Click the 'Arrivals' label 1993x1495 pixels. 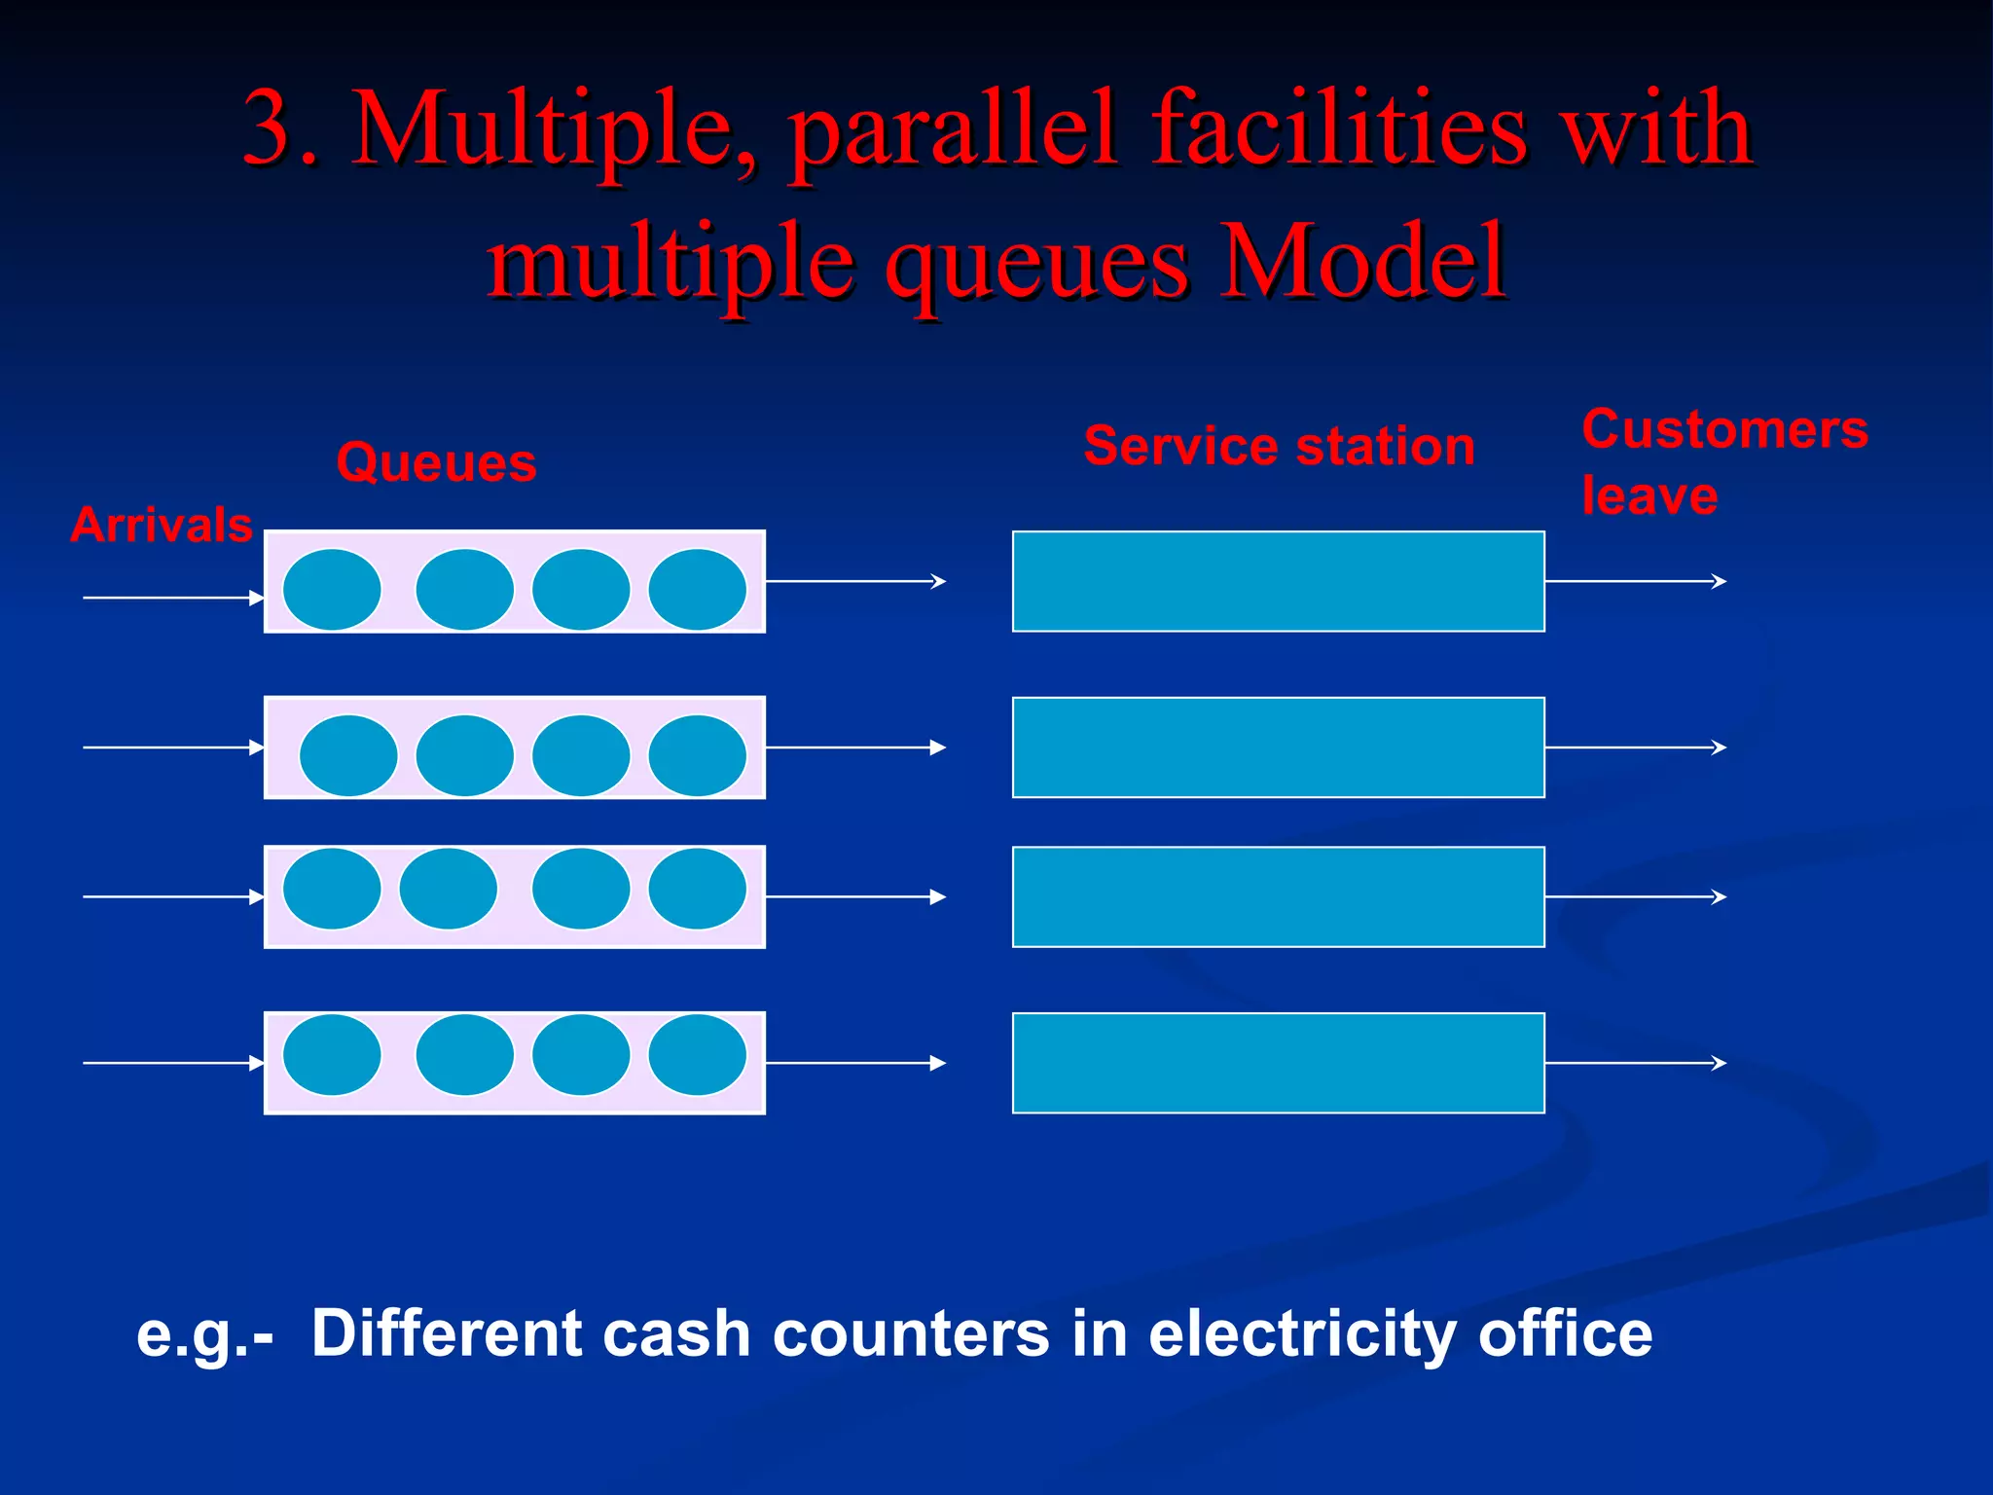point(162,525)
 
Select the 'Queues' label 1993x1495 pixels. point(436,462)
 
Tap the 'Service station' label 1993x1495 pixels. point(1279,447)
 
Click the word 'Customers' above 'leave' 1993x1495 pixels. point(1724,429)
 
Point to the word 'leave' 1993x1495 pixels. point(1649,496)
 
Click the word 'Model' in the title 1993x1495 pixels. point(1362,261)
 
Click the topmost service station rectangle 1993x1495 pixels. point(1278,581)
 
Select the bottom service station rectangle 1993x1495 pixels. point(1278,1063)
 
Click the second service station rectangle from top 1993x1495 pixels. point(1278,747)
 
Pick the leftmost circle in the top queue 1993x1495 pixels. point(332,589)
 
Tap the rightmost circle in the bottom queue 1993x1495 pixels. point(697,1055)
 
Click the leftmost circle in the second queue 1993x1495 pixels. point(348,755)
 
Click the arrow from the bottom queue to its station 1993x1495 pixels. point(854,1063)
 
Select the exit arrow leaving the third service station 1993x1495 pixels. point(1635,896)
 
